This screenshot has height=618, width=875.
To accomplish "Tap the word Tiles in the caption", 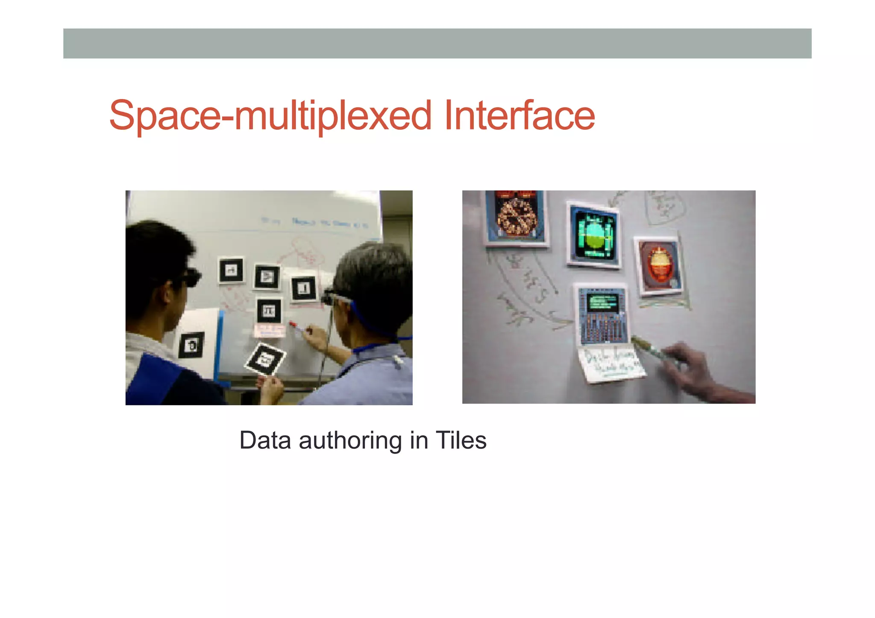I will pos(461,440).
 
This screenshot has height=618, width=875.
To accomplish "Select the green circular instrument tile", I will pos(593,235).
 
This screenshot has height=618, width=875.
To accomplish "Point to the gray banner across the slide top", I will pos(437,44).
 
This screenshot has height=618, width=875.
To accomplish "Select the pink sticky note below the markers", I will pos(270,330).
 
